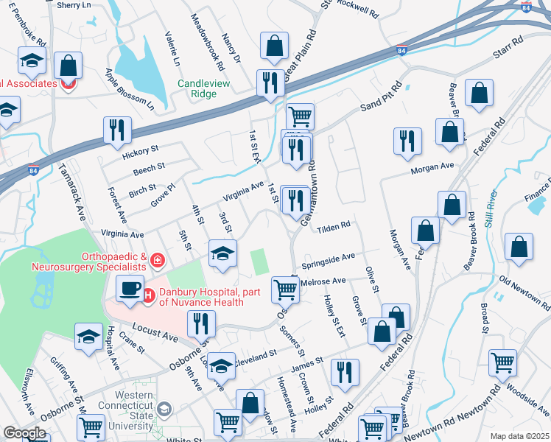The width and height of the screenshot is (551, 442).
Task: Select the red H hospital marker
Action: tap(147, 296)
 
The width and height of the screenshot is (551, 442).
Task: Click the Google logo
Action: tap(24, 433)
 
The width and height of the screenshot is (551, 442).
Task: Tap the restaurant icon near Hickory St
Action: tap(118, 130)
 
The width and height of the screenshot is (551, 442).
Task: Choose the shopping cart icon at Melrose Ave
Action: tap(285, 289)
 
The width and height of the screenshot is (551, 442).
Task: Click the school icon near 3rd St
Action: tap(222, 253)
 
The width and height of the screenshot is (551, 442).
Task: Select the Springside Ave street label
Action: tap(328, 260)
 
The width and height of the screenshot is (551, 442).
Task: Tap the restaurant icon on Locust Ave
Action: tap(200, 323)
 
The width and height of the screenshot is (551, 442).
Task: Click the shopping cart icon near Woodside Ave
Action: tap(503, 362)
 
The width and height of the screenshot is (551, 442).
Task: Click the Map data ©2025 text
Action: tap(519, 435)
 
